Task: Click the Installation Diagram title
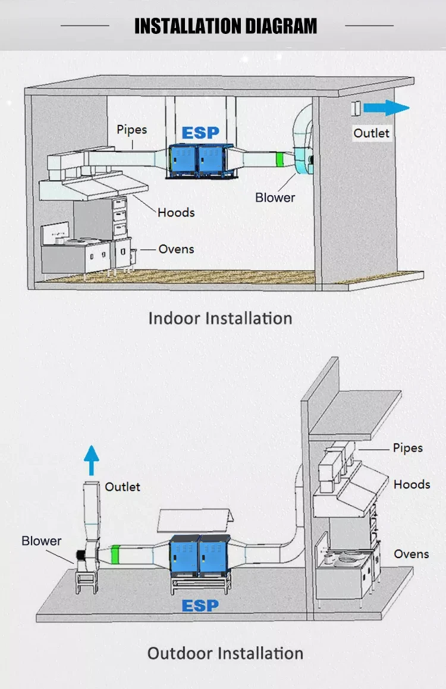click(225, 26)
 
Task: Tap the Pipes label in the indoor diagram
click(131, 129)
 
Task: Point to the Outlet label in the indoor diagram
click(371, 133)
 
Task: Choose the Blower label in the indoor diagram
click(275, 197)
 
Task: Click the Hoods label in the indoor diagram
click(176, 212)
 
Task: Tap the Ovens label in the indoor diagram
click(176, 249)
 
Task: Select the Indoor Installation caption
click(220, 318)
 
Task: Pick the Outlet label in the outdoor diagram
click(123, 487)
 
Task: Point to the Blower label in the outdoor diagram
click(41, 541)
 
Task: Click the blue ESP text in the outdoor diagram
click(200, 606)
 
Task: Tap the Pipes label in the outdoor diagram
click(408, 448)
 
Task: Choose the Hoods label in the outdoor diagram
click(412, 484)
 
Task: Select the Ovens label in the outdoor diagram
click(411, 554)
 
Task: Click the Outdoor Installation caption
click(225, 653)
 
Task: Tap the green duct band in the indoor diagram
click(279, 159)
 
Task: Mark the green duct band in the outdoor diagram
click(116, 555)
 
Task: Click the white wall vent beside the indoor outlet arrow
click(357, 108)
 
